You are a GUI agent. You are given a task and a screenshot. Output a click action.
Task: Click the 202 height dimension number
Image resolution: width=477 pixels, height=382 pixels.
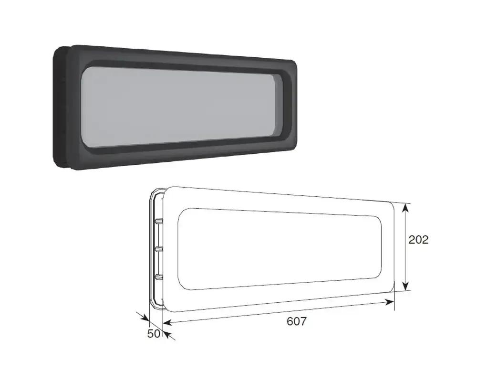418,240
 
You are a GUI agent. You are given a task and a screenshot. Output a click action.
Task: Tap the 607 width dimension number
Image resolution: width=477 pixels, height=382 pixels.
297,321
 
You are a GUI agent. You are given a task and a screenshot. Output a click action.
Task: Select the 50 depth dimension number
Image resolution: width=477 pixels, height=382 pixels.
154,334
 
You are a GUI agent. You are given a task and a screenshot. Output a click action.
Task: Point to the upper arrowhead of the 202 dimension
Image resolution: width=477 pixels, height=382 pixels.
405,208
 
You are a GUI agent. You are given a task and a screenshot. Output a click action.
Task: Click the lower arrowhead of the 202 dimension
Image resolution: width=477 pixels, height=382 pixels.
405,286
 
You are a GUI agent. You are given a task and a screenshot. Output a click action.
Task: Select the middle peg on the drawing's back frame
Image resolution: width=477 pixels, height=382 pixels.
159,249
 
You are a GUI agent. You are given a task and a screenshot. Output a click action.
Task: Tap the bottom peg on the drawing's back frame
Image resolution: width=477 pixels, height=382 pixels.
159,276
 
